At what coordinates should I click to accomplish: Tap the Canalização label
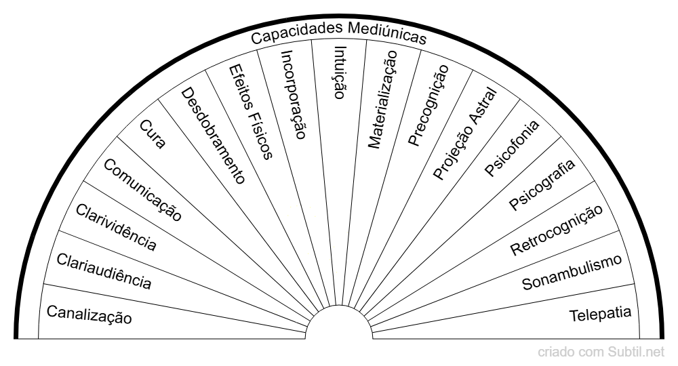[x=89, y=314]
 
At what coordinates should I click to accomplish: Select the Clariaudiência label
[x=104, y=271]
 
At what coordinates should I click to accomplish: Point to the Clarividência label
[x=116, y=227]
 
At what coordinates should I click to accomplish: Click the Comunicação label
[x=142, y=190]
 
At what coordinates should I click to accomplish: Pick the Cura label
[x=152, y=134]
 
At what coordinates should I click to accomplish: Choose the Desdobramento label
[x=213, y=136]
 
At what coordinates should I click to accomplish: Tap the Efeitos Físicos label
[x=250, y=112]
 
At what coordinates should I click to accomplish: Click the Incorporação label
[x=294, y=95]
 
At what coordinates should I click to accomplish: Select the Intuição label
[x=340, y=73]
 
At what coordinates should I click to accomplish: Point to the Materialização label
[x=382, y=100]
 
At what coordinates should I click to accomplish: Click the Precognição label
[x=428, y=106]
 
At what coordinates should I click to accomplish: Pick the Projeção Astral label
[x=465, y=133]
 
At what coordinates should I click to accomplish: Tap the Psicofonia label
[x=512, y=148]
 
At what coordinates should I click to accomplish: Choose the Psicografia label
[x=542, y=184]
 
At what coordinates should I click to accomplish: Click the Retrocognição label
[x=557, y=230]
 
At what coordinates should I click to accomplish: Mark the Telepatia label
[x=600, y=314]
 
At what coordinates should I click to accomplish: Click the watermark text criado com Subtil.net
[x=601, y=352]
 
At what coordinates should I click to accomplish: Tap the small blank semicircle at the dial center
[x=339, y=323]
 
